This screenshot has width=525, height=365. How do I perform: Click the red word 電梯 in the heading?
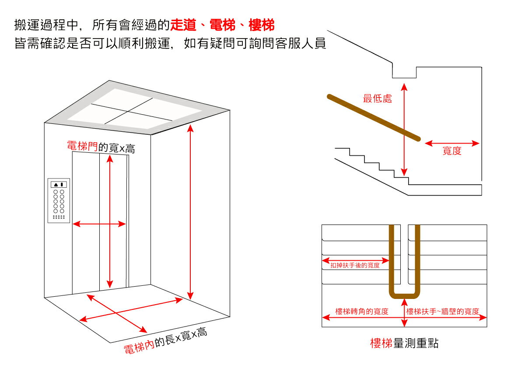coord(222,25)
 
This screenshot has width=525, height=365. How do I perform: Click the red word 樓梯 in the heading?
coord(261,25)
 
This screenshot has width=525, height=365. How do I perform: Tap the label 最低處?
coord(377,98)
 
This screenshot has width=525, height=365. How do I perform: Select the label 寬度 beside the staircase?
coord(452,151)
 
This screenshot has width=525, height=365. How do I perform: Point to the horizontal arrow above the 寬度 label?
coord(452,143)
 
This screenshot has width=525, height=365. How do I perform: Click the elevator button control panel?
coord(59,200)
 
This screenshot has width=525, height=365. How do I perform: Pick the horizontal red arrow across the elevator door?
coord(99,224)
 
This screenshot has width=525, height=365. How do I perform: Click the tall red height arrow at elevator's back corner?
coord(190,210)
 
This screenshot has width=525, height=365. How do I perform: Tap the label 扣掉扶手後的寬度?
coord(355,265)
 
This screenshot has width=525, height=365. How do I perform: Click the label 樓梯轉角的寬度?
coord(362,312)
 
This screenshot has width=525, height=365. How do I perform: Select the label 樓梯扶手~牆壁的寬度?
coord(442,312)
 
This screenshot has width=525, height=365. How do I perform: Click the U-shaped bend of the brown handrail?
coord(404,292)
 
